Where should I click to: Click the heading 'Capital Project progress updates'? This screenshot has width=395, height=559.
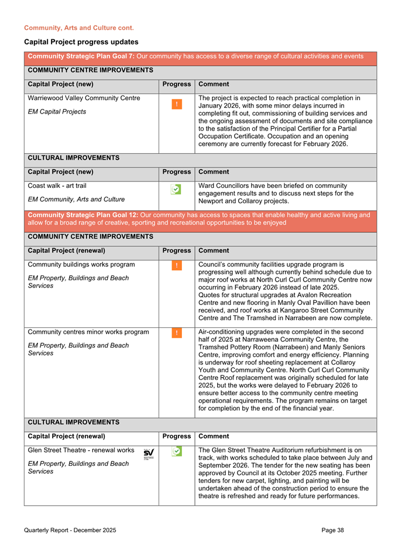pos(81,42)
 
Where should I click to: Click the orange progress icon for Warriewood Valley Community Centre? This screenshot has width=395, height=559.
pos(176,104)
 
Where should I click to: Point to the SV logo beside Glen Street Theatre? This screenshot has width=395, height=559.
pos(149,453)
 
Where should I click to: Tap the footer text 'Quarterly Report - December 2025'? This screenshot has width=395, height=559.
pos(70,530)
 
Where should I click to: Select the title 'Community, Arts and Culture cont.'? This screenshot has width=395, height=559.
pos(78,28)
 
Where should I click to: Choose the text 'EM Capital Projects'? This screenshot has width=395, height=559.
pos(57,111)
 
